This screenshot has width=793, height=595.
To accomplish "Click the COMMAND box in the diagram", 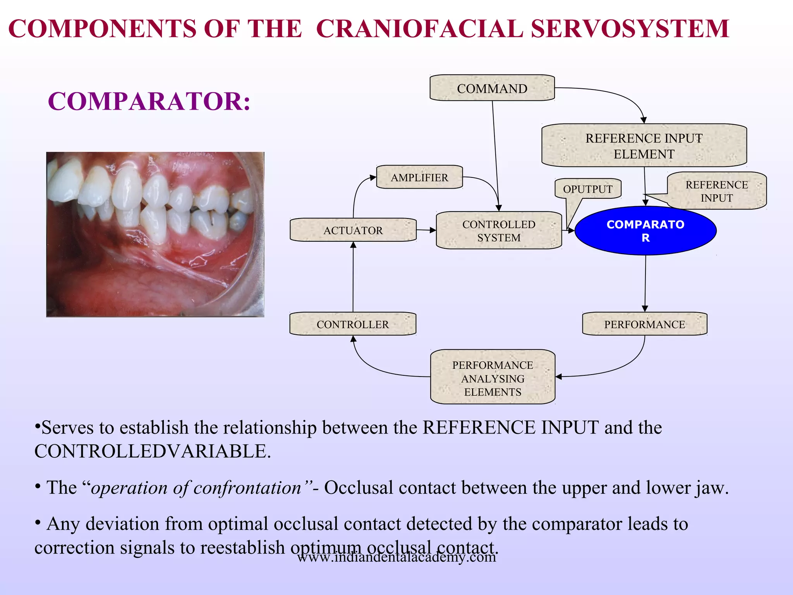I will click(492, 88).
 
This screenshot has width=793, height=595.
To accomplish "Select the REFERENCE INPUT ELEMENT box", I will click(644, 146).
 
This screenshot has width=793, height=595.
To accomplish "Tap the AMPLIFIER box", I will click(419, 177).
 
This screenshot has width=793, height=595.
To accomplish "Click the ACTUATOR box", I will click(353, 230).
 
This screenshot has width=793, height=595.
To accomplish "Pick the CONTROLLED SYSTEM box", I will click(498, 230).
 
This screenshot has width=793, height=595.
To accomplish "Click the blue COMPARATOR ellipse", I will click(645, 231).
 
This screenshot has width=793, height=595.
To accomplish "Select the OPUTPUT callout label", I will click(587, 189).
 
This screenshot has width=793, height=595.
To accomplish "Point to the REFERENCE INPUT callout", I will click(716, 191).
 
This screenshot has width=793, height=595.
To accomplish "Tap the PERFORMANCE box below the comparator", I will click(644, 324).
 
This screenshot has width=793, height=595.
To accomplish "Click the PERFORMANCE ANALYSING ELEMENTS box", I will click(493, 378).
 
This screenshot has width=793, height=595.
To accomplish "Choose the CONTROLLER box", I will click(352, 324).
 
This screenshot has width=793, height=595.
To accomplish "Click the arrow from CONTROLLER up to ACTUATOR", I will click(353, 277).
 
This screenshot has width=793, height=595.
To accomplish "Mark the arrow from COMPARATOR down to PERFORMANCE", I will click(645, 283).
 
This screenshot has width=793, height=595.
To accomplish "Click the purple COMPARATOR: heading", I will click(149, 101).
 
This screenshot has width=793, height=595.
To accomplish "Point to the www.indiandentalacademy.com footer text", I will click(396, 557).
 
